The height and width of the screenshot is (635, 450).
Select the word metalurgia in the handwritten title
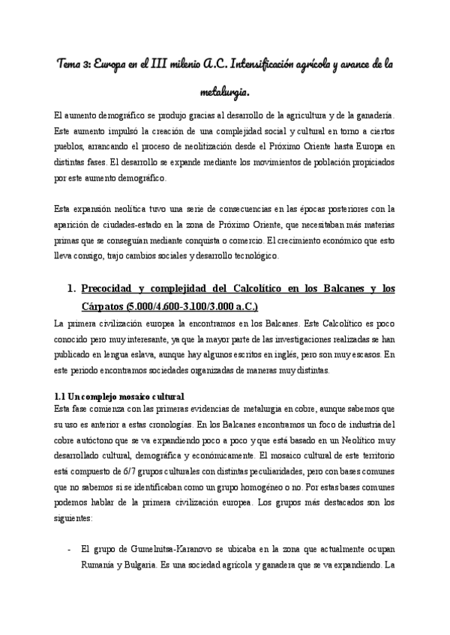[x=223, y=93]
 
